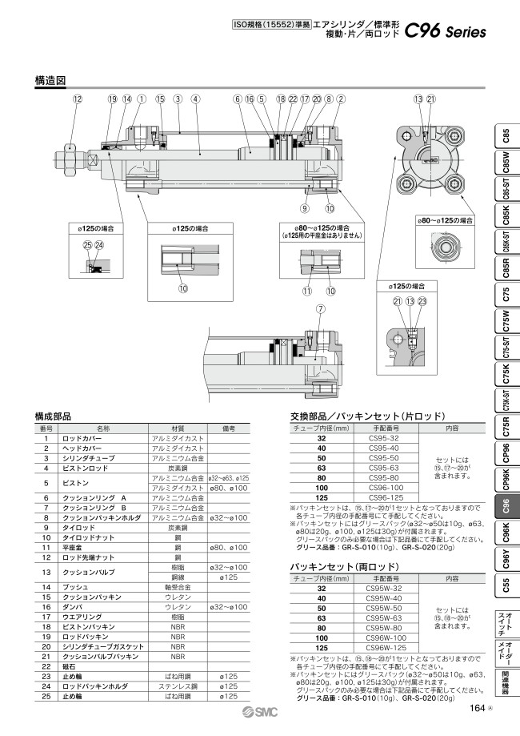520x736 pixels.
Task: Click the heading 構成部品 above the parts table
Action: [x=53, y=416]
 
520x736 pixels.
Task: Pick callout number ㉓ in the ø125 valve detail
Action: [x=422, y=301]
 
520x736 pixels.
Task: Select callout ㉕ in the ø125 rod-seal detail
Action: [x=87, y=245]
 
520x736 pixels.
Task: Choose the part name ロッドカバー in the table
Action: [x=82, y=439]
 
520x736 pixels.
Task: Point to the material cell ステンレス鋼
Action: [x=178, y=687]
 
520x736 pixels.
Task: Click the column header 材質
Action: [x=178, y=428]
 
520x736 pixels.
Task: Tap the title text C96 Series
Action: [x=446, y=32]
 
